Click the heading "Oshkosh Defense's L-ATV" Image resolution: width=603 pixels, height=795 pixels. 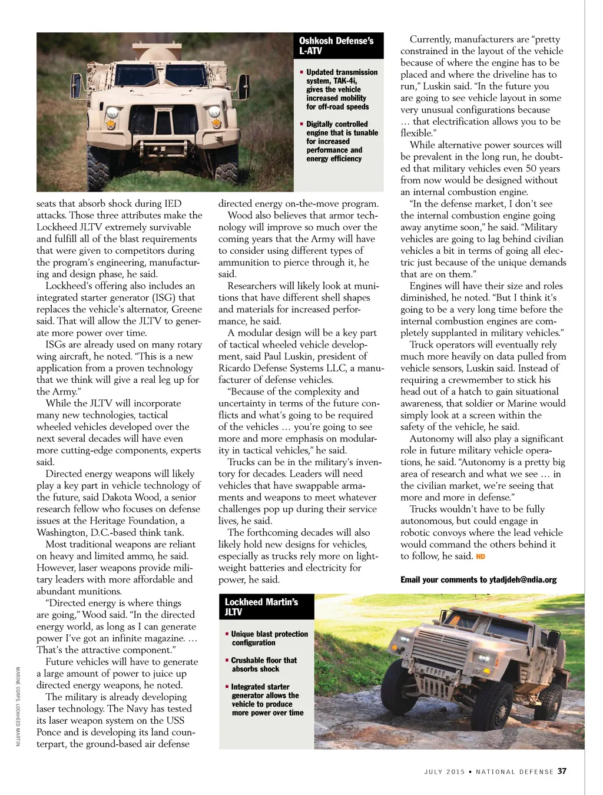(336, 46)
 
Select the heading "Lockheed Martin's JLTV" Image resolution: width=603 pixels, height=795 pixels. (261, 607)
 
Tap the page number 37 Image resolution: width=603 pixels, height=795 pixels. (562, 771)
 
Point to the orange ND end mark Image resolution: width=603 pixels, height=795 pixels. (481, 556)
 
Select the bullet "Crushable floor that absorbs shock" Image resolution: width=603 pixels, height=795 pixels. (263, 665)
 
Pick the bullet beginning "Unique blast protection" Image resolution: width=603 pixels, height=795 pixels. (269, 638)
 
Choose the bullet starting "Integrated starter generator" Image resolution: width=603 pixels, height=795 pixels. (267, 700)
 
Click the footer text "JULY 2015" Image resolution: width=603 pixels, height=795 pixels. (445, 771)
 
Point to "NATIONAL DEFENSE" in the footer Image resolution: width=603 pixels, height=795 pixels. (514, 771)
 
